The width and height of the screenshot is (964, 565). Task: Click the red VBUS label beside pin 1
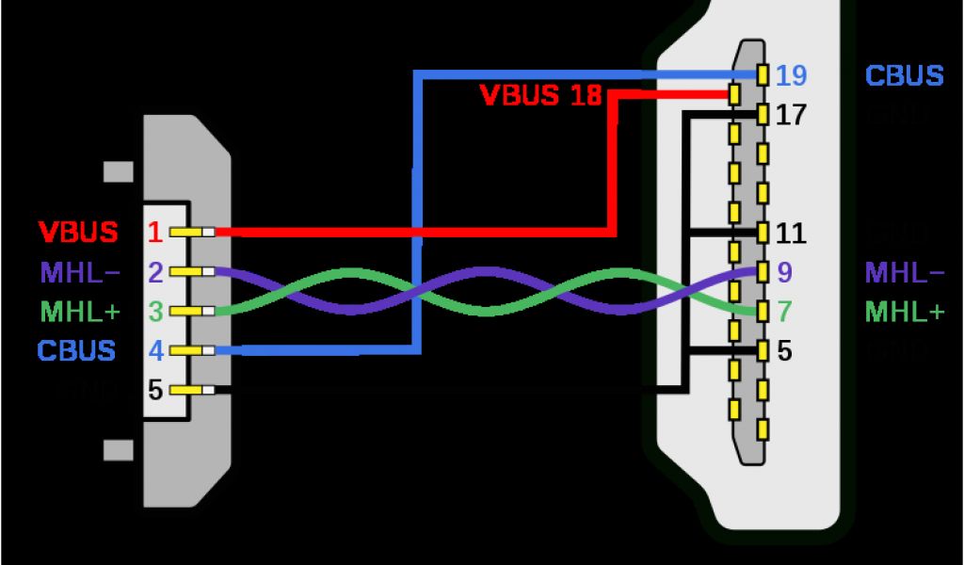[78, 232]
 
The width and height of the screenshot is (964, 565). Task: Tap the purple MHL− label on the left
[79, 273]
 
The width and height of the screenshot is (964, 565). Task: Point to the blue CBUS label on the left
[76, 350]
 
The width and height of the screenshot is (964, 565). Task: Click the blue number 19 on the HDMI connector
[792, 75]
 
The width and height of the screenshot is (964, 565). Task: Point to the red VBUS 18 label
[540, 95]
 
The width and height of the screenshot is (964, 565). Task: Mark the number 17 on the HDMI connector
[791, 116]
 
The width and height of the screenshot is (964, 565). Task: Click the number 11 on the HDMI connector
[791, 233]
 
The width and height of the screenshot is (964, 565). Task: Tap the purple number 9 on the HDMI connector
[785, 273]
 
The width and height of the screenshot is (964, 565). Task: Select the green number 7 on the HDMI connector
[785, 311]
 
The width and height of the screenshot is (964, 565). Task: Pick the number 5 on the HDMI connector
[785, 351]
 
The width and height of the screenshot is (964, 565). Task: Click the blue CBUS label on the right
[904, 75]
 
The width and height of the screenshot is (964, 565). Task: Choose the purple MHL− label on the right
[905, 273]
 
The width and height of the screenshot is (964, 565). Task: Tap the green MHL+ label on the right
[905, 311]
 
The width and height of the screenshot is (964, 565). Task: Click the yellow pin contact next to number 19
[763, 73]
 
